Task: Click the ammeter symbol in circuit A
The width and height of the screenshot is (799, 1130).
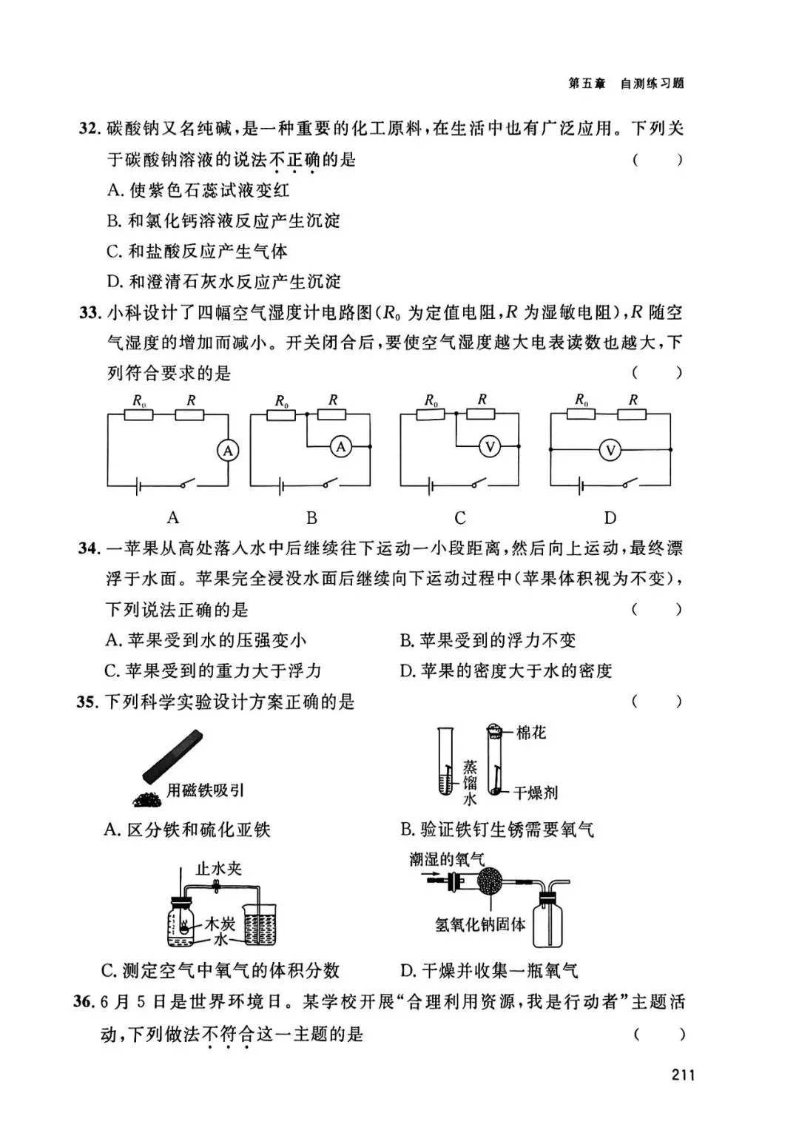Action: point(229,450)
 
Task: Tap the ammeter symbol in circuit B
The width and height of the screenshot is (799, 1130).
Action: point(340,446)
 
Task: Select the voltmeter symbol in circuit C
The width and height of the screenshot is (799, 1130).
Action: point(489,446)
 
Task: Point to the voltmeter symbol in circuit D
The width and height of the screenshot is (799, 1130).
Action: point(610,449)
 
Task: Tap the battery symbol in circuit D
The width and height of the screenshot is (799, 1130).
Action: point(581,485)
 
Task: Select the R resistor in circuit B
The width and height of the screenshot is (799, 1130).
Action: point(333,415)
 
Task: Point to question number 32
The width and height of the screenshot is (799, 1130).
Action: point(89,128)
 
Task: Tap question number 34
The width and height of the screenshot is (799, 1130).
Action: point(88,548)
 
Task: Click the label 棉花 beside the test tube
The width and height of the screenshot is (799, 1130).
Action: point(530,733)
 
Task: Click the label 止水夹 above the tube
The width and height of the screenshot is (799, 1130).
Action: point(218,868)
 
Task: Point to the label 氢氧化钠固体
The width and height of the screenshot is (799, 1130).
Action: point(480,924)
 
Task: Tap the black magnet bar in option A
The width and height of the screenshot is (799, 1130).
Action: point(172,756)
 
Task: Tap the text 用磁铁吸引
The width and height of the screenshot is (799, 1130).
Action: point(205,790)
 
